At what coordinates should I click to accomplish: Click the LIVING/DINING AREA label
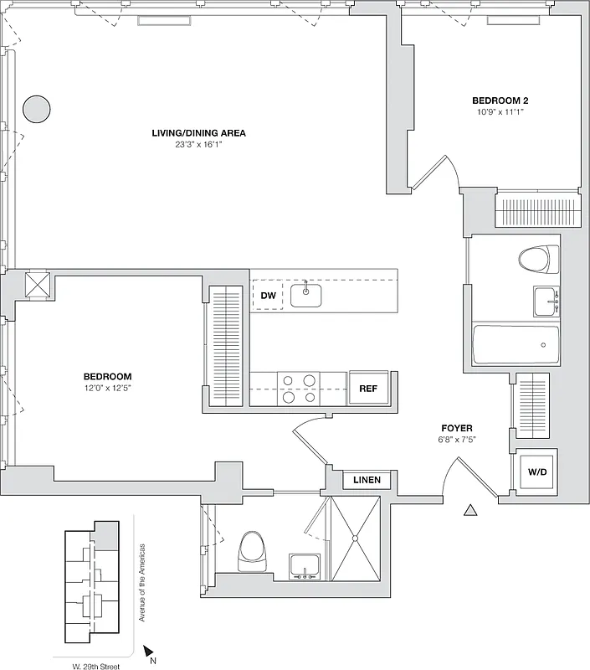click(198, 133)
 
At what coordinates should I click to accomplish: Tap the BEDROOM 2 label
click(500, 100)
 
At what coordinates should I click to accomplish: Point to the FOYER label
click(456, 428)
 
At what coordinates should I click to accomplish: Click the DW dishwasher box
click(268, 296)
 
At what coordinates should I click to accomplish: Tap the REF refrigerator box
click(367, 389)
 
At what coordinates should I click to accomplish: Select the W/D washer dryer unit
click(536, 473)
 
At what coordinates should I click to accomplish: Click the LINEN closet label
click(367, 481)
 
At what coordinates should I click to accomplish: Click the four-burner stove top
click(299, 389)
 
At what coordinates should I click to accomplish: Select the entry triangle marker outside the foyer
click(470, 509)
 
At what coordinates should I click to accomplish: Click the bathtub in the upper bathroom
click(516, 344)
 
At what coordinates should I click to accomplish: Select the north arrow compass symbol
click(149, 650)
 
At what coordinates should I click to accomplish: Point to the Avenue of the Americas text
click(142, 587)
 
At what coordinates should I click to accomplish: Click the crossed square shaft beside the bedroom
click(38, 285)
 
